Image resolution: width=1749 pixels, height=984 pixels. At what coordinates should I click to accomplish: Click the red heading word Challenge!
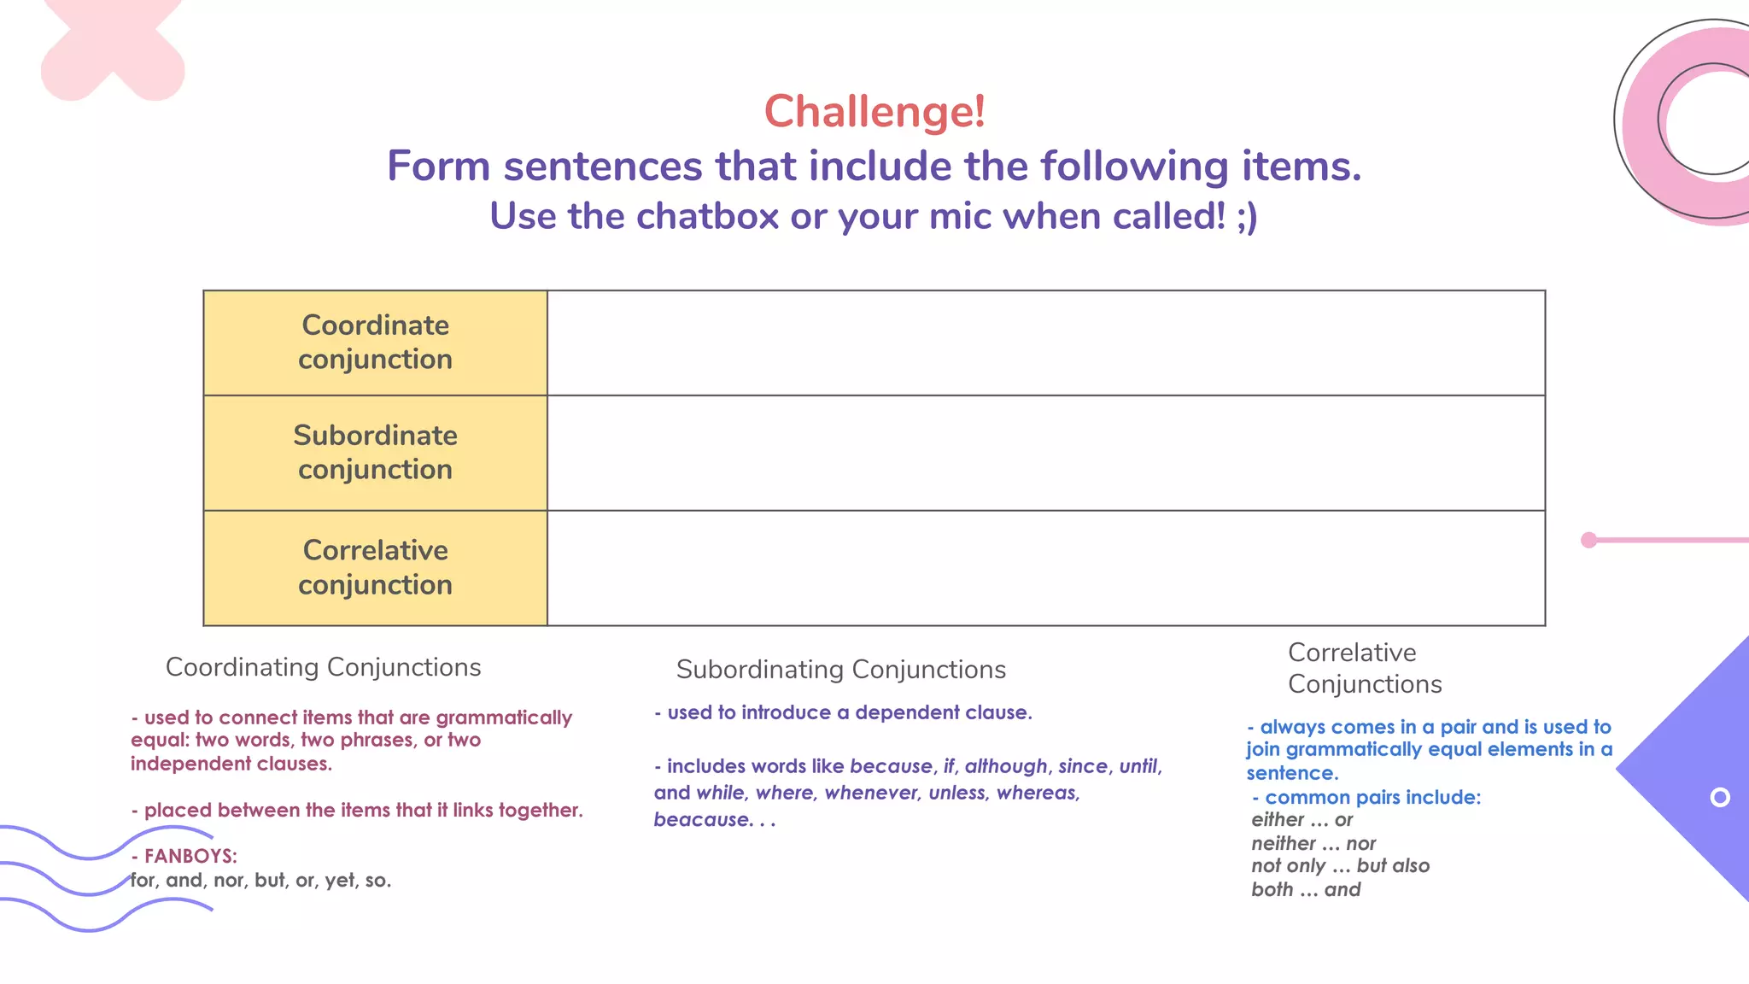pos(874,112)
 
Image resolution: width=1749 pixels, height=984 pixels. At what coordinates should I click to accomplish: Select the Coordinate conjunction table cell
pos(375,343)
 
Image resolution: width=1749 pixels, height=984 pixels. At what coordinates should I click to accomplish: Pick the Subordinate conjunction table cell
pos(375,453)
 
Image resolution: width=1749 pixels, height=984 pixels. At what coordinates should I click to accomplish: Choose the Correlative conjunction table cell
pos(375,568)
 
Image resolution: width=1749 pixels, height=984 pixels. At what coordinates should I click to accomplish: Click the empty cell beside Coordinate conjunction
pos(1045,343)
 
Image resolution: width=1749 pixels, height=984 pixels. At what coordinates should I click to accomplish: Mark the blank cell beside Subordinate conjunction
pos(1045,453)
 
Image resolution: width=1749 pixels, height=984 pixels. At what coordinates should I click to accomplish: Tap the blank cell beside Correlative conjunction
pos(1045,568)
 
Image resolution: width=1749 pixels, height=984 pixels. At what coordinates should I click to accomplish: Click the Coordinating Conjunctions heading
pos(323,667)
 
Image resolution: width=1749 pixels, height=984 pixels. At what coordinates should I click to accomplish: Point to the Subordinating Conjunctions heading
pos(840,670)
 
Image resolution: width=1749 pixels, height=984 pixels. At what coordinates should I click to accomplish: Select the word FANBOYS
pos(189,856)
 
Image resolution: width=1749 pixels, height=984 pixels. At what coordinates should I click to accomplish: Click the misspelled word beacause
pos(702,820)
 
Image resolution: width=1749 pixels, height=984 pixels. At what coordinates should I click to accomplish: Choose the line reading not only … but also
pos(1340,866)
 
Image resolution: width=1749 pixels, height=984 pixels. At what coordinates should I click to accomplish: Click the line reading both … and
pos(1306,890)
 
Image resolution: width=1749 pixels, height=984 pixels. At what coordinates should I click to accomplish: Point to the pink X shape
pos(112,47)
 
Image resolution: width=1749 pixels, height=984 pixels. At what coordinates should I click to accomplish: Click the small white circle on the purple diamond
pos(1720,797)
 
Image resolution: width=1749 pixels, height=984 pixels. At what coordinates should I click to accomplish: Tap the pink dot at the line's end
pos(1588,540)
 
